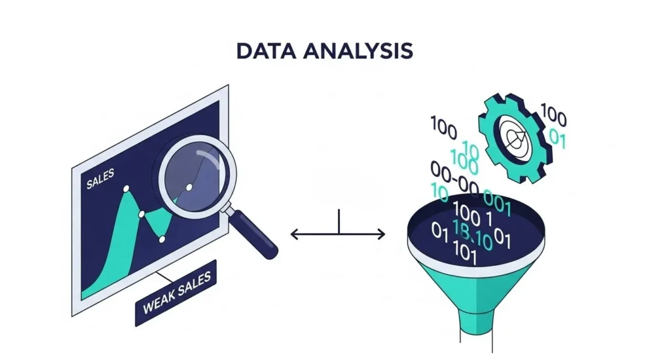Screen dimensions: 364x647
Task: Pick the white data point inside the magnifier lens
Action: pyautogui.click(x=189, y=188)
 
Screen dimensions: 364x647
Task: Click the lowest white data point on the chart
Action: pyautogui.click(x=162, y=240)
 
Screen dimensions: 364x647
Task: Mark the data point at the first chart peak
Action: pyautogui.click(x=126, y=188)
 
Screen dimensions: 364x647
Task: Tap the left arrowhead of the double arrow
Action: pyautogui.click(x=294, y=234)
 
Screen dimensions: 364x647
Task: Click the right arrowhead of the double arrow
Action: pyautogui.click(x=381, y=234)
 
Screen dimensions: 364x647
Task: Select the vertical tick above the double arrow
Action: pyautogui.click(x=340, y=222)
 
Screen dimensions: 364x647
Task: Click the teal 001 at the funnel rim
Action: pyautogui.click(x=497, y=198)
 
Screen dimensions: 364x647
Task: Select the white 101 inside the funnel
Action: pyautogui.click(x=465, y=253)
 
